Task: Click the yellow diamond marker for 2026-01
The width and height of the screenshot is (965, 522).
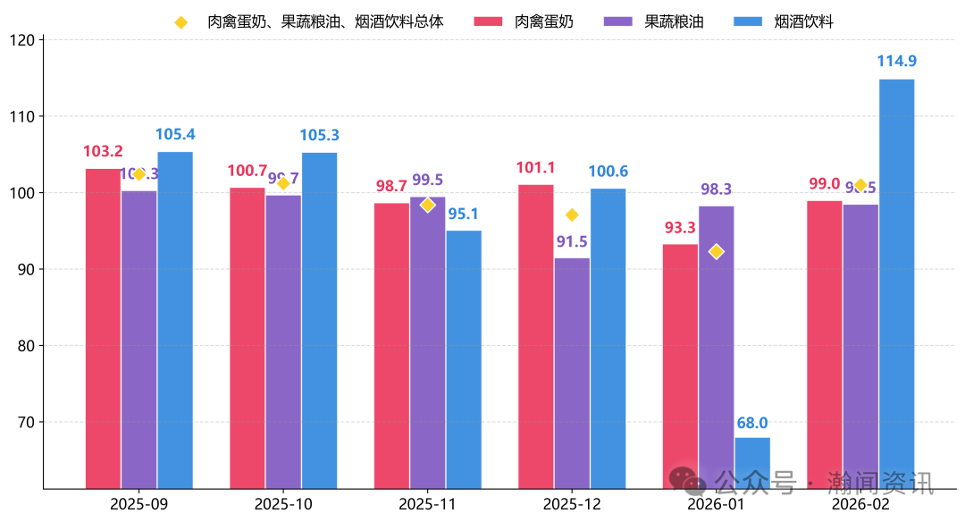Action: pos(716,251)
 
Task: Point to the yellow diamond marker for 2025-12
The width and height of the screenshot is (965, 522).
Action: pos(572,215)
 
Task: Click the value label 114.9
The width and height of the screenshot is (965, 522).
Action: pos(896,61)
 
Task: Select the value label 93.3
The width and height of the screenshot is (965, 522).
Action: pos(680,228)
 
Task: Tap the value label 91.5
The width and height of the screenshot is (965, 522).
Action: pos(572,241)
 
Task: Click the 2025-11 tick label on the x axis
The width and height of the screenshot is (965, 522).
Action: pos(427,504)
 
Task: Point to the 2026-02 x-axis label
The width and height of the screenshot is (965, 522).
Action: pos(860,504)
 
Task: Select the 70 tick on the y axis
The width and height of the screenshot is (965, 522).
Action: pos(27,422)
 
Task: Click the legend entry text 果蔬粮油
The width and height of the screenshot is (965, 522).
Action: pos(674,21)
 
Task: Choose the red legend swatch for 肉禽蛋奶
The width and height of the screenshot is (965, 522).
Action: pos(488,21)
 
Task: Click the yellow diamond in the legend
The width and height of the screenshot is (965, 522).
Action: pos(181,21)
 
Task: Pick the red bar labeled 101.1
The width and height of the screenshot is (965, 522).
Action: pos(535,336)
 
